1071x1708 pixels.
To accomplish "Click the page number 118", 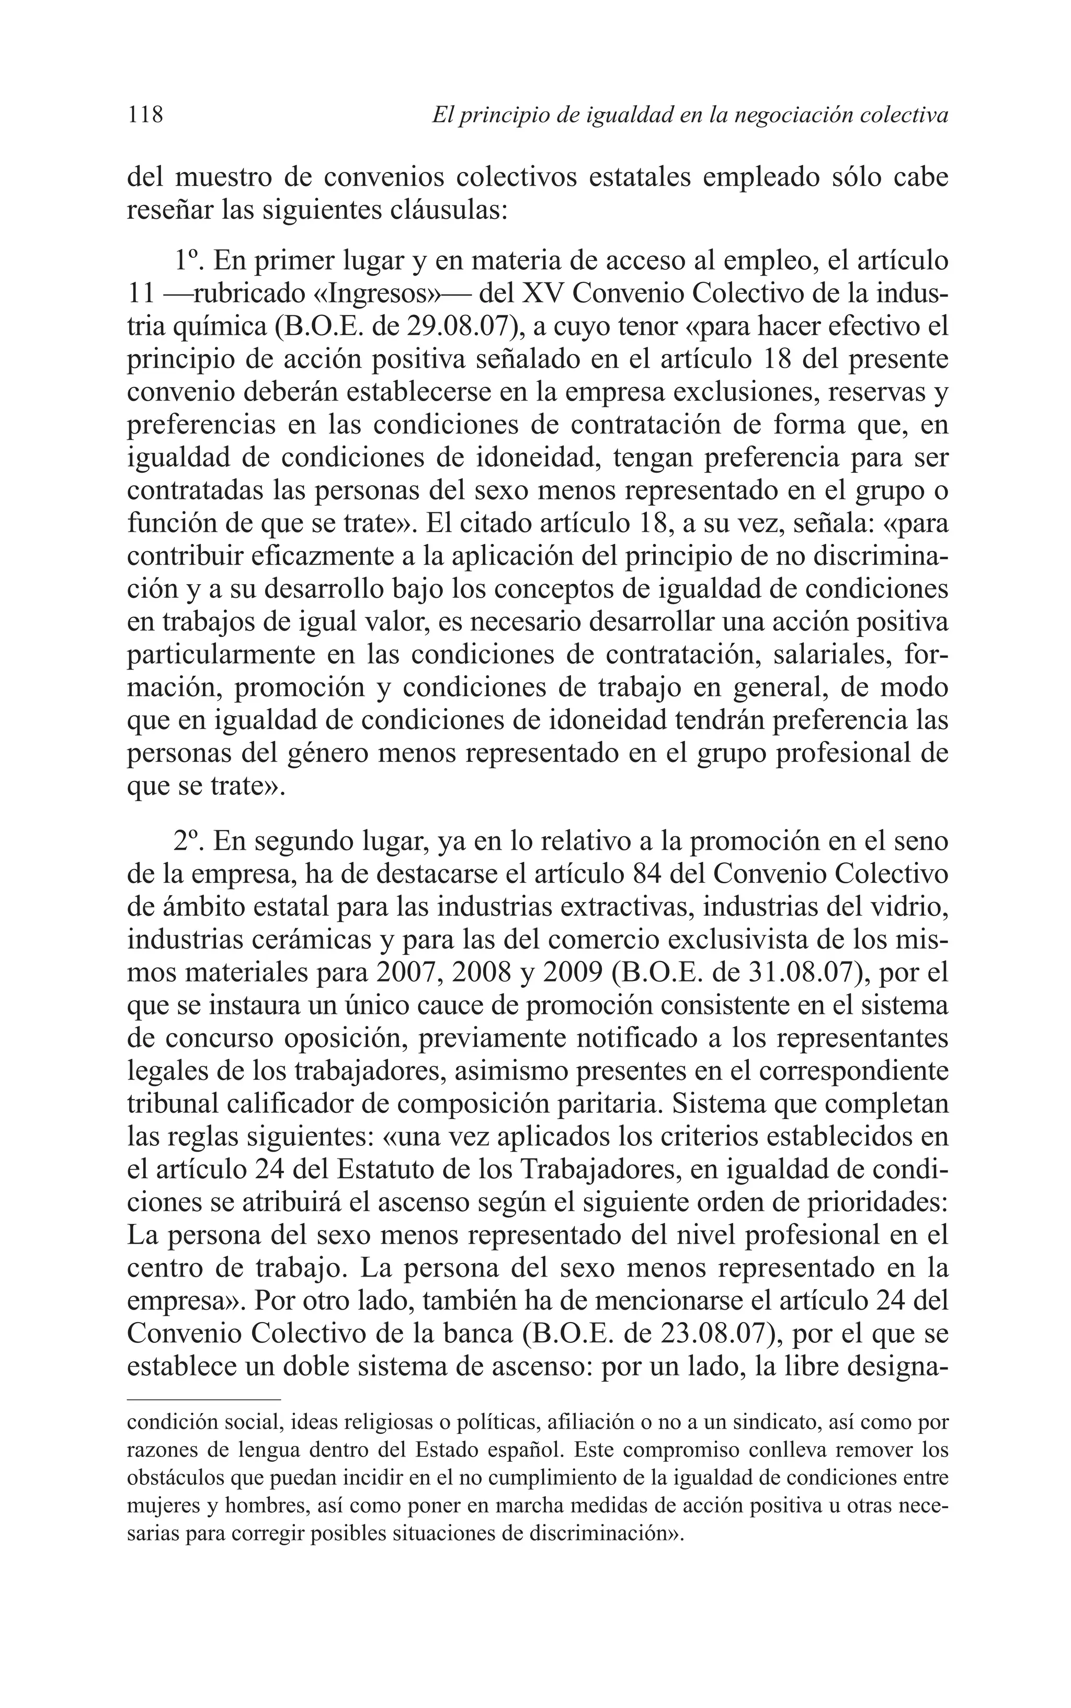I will [x=145, y=114].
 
